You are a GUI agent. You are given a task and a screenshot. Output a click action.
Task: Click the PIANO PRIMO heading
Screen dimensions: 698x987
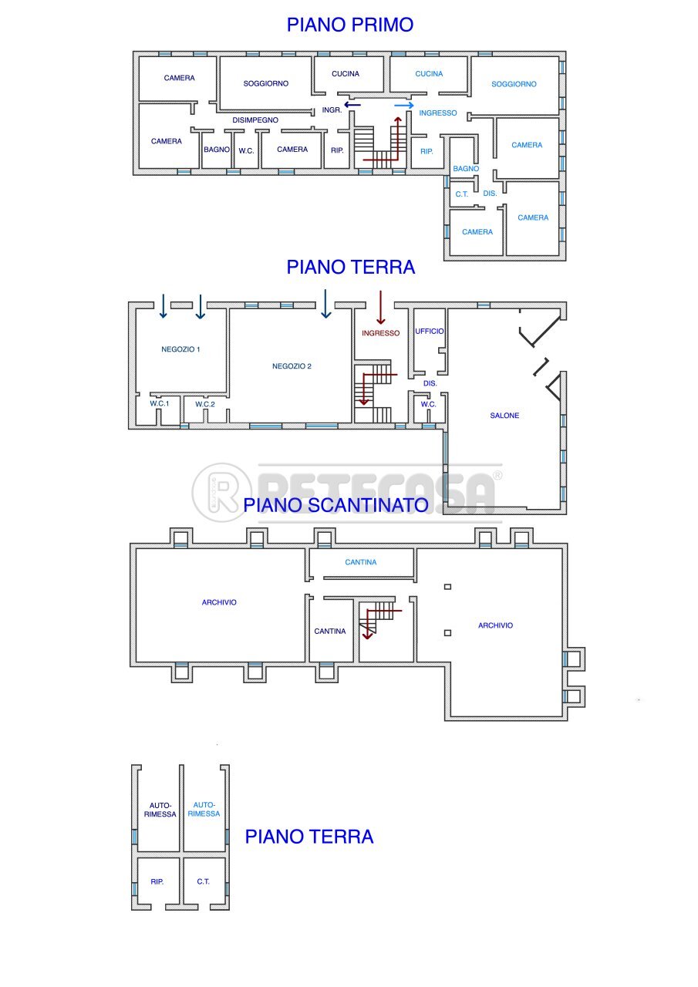350,25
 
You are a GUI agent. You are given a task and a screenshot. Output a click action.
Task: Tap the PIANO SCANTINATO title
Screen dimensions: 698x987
336,505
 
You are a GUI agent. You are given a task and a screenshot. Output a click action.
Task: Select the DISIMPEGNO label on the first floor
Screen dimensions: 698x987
255,120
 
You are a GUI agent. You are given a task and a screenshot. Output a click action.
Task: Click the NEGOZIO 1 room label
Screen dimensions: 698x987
180,349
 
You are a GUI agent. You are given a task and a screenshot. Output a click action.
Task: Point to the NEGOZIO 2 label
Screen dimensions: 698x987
292,366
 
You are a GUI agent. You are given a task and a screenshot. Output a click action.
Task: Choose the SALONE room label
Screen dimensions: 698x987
504,416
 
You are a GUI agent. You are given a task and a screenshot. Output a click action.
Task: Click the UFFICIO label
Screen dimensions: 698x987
429,332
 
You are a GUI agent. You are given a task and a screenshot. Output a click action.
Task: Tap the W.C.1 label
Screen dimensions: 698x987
160,403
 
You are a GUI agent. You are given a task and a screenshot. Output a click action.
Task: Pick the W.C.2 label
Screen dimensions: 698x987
205,405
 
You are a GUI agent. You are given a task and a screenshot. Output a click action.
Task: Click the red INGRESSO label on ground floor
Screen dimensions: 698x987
381,334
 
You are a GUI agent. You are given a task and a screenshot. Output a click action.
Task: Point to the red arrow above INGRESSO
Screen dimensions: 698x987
381,307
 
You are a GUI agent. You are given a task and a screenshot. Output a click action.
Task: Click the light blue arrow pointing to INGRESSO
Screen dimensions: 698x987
404,106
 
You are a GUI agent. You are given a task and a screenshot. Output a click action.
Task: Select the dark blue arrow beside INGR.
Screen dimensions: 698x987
352,105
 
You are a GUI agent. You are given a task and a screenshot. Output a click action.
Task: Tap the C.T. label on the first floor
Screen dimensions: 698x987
462,194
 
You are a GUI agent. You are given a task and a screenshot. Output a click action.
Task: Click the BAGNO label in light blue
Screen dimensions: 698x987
466,169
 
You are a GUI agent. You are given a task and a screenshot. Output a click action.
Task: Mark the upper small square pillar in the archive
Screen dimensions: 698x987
447,587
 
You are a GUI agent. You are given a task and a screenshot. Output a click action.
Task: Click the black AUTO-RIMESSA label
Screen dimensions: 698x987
160,810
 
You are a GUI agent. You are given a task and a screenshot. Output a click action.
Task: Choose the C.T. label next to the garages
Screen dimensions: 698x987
203,881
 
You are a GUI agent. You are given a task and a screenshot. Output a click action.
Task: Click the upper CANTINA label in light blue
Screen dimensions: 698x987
361,562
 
